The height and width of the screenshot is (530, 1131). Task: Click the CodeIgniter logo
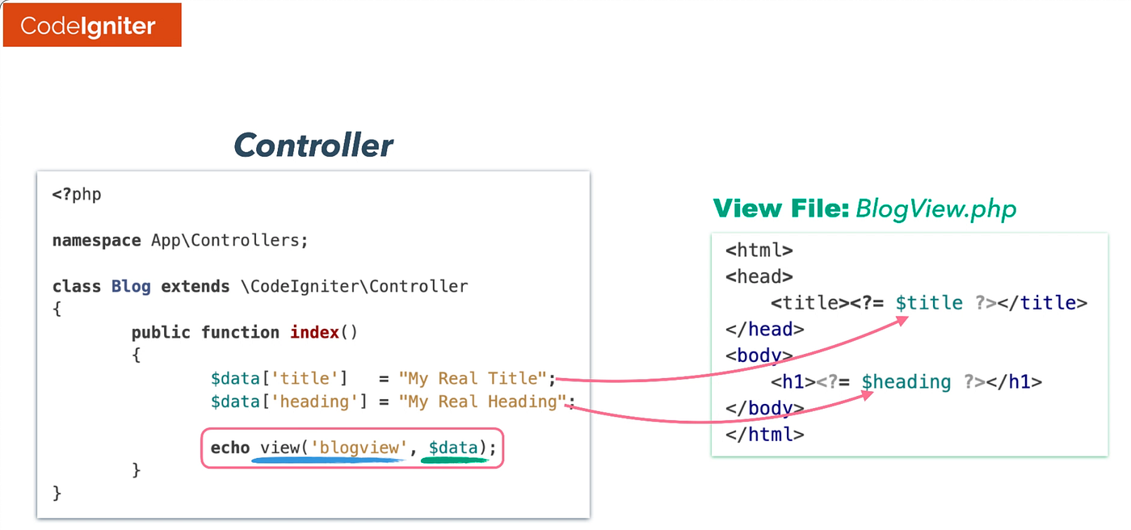tap(92, 25)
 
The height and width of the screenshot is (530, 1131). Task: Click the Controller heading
tap(313, 145)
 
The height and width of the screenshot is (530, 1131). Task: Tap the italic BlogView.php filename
tap(935, 209)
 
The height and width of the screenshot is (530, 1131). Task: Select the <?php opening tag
tap(77, 195)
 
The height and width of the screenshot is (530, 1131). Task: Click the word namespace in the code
tap(96, 240)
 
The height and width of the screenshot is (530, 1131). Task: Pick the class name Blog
tap(131, 286)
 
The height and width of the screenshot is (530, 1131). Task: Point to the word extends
tap(196, 286)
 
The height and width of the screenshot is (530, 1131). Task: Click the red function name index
tap(314, 332)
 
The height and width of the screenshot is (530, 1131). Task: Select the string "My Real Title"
tap(473, 378)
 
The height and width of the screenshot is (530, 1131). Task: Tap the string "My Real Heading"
tap(482, 402)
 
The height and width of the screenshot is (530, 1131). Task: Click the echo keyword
tap(230, 448)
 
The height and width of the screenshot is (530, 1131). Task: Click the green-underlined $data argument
tap(453, 448)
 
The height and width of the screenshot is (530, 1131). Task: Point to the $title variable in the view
tap(930, 303)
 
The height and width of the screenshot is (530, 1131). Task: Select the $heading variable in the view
tap(906, 381)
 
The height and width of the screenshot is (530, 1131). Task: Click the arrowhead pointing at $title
tap(902, 321)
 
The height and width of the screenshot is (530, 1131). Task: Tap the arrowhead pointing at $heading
tap(868, 395)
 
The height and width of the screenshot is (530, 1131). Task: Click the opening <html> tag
tap(759, 250)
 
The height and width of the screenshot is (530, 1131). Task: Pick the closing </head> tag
tap(765, 329)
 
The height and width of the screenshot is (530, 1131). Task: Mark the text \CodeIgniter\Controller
tap(355, 286)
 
